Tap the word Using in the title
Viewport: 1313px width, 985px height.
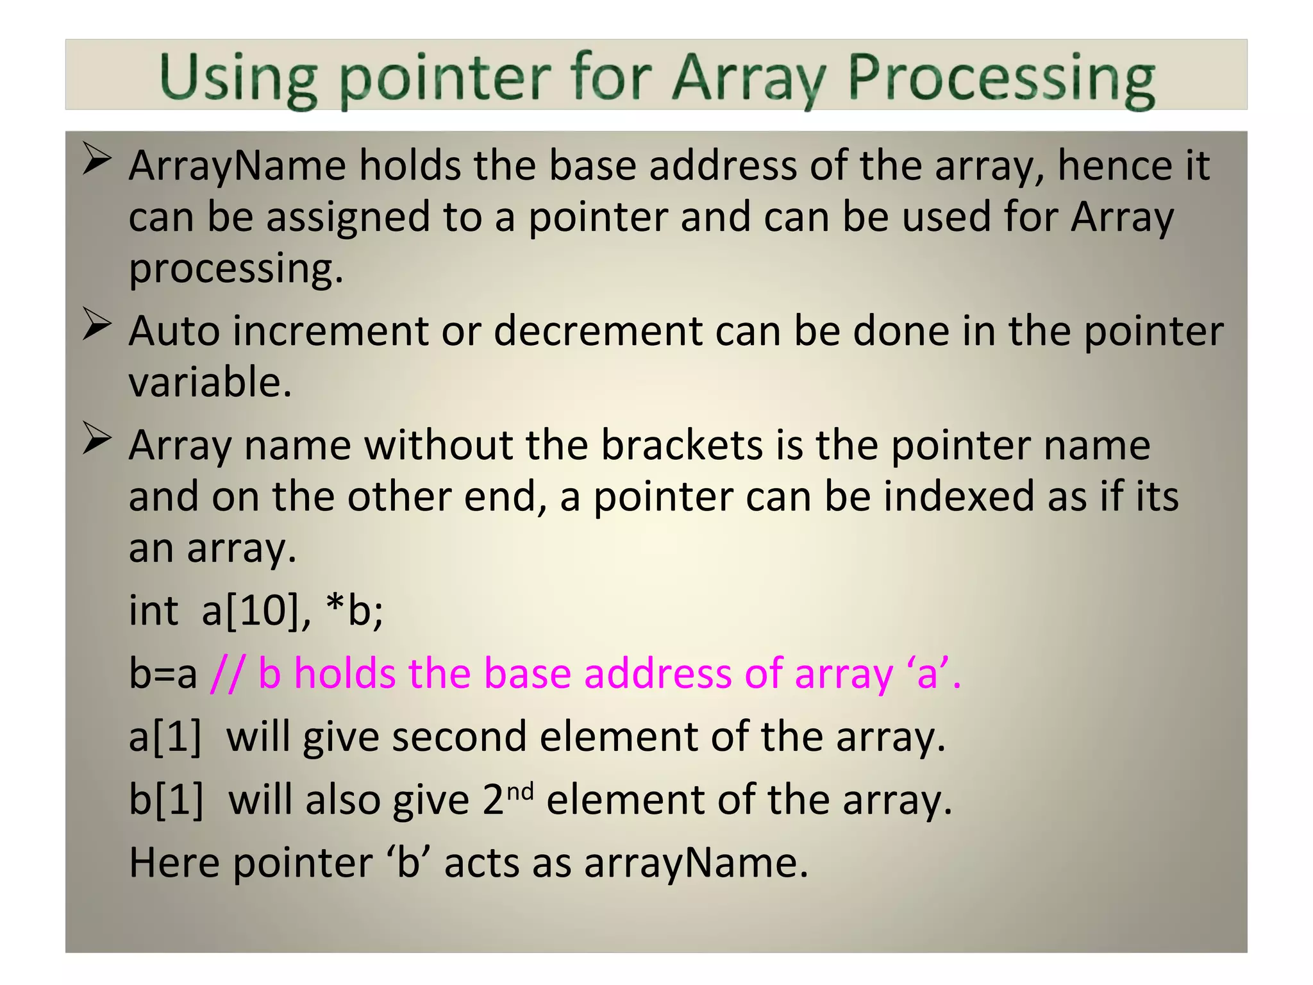click(238, 80)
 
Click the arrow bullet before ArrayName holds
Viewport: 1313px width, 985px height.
click(97, 159)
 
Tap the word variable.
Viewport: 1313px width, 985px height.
click(210, 383)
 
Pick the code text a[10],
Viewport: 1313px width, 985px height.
click(256, 610)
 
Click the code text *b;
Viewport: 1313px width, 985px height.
click(354, 610)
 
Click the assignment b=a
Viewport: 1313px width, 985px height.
click(163, 675)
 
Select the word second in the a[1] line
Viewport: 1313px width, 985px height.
click(459, 737)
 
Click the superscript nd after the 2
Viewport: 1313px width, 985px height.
click(520, 792)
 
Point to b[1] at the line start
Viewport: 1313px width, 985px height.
click(165, 800)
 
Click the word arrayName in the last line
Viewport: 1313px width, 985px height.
click(696, 863)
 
